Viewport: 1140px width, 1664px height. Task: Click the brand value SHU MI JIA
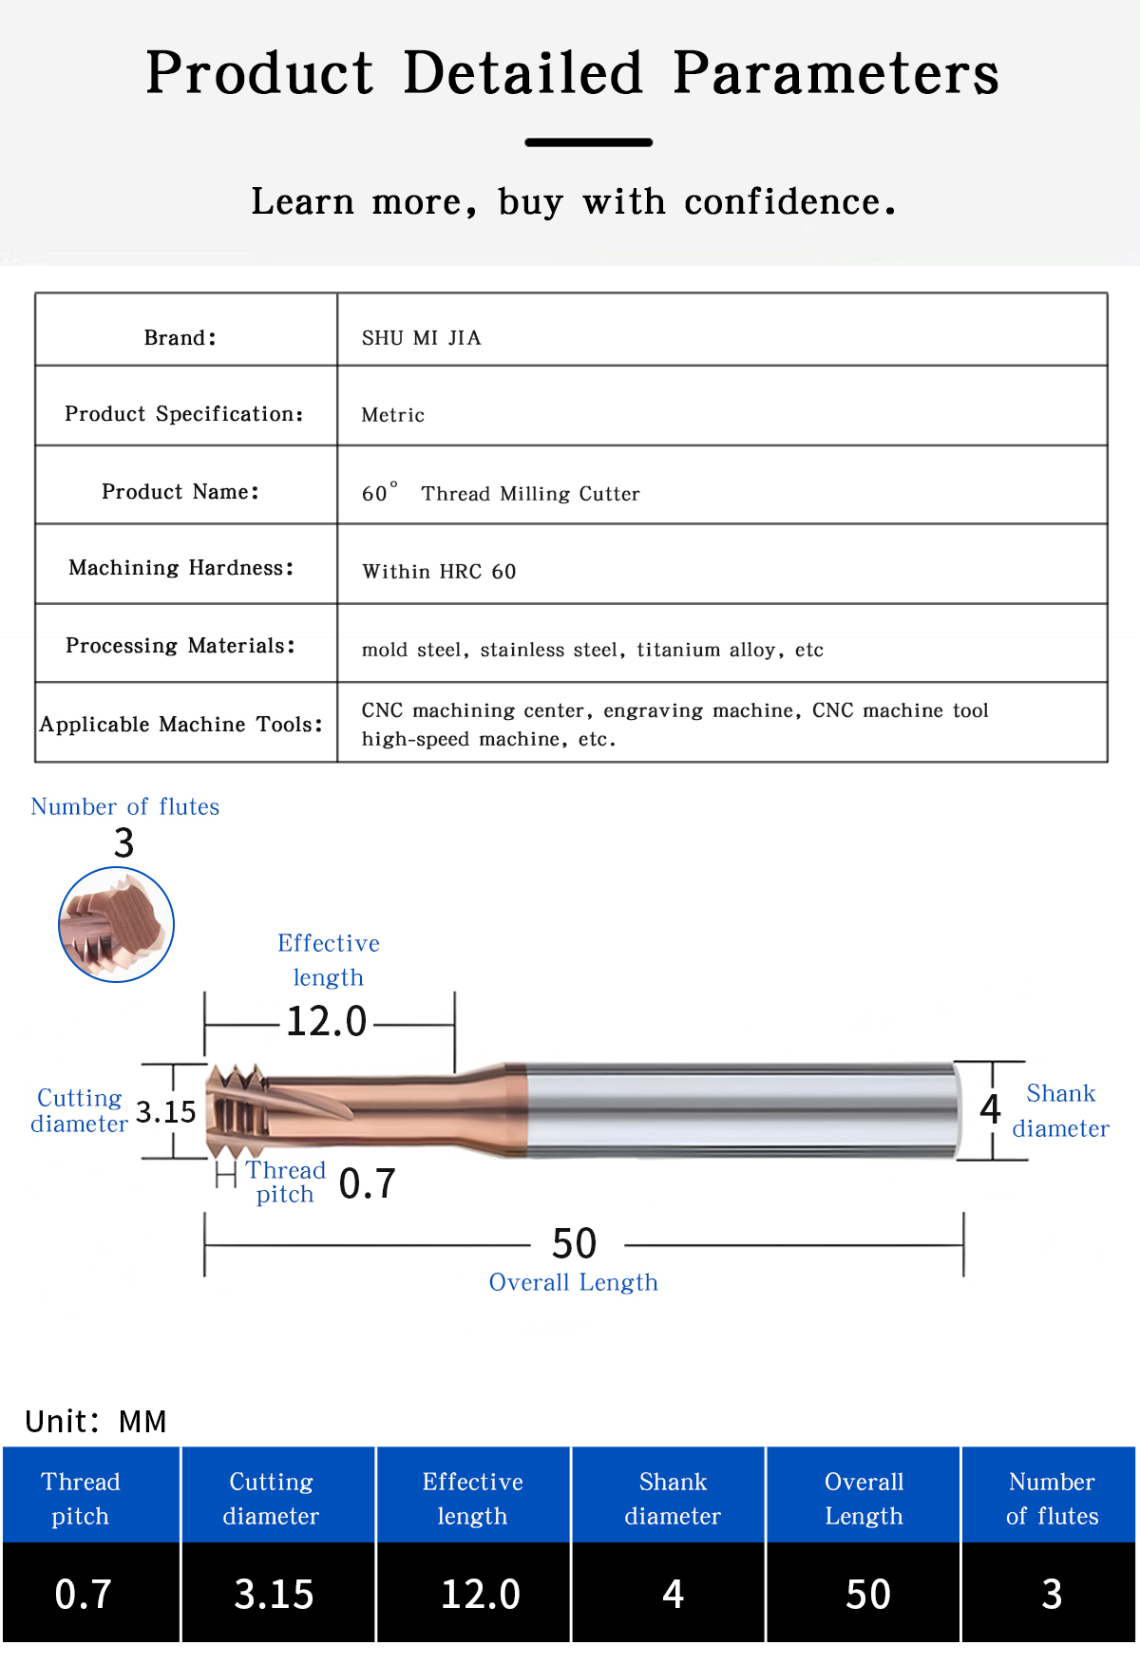[421, 338]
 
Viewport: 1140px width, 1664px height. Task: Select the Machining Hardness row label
[180, 568]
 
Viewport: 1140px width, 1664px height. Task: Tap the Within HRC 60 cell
[439, 571]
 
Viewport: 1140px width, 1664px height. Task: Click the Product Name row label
[180, 491]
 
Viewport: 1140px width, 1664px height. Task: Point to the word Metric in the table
[392, 415]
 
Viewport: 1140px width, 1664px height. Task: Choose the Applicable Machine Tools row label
[180, 725]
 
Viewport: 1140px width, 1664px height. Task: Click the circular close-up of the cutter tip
[117, 924]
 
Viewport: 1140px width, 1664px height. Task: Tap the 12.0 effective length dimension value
[326, 1021]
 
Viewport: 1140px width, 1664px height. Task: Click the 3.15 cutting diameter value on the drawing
[166, 1111]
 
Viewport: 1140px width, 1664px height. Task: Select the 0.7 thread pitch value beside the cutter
[367, 1183]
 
